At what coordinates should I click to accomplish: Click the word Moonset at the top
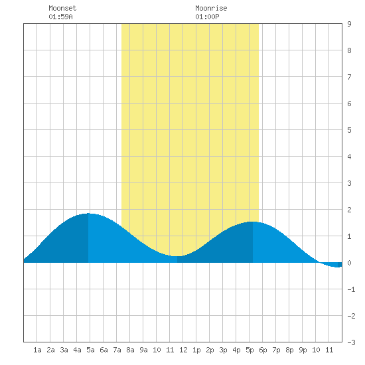[62, 8]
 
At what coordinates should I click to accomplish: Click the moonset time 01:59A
[60, 17]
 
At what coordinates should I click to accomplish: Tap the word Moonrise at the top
[211, 8]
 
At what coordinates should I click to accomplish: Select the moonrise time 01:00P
[207, 17]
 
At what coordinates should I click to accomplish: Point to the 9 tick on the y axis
[349, 24]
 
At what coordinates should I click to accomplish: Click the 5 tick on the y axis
[349, 130]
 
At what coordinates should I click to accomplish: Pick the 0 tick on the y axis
[349, 263]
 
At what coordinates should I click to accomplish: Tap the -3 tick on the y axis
[351, 342]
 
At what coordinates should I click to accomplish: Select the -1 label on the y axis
[351, 289]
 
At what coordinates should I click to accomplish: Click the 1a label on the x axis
[37, 350]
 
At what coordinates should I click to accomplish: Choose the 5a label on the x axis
[90, 350]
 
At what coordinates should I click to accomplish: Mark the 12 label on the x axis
[183, 350]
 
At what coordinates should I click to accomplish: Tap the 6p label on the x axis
[263, 350]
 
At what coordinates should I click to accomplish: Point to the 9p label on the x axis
[303, 350]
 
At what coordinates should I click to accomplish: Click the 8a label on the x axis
[130, 350]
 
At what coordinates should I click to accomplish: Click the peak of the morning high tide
[88, 214]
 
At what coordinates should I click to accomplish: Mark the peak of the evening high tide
[253, 222]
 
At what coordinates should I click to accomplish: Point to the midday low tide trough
[177, 256]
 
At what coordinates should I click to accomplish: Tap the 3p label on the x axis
[223, 350]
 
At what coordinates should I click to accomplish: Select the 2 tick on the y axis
[349, 210]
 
